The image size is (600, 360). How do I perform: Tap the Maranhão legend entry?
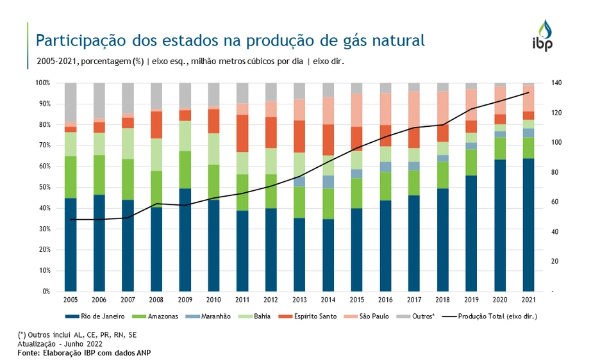click(x=213, y=316)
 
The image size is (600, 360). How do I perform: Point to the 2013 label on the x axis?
click(x=300, y=300)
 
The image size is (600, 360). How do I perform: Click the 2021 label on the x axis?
click(x=529, y=300)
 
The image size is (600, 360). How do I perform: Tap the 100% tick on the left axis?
click(x=42, y=83)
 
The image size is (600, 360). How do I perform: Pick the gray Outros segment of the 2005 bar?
click(x=71, y=102)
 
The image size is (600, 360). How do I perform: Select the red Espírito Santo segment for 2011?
click(x=242, y=133)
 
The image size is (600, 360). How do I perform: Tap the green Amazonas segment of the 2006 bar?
click(x=99, y=175)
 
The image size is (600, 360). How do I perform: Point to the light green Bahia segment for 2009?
click(x=185, y=136)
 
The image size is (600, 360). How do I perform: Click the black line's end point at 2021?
click(x=529, y=93)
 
